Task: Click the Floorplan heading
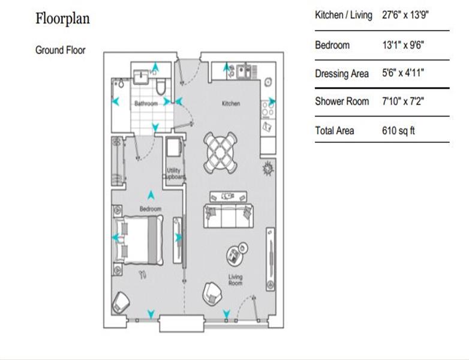coord(62,19)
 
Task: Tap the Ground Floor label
coord(61,50)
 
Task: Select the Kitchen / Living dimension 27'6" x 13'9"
coord(405,14)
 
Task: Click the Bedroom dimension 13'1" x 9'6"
coord(403,45)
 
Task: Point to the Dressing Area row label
coord(342,74)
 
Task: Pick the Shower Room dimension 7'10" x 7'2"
coord(403,101)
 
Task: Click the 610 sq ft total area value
coord(398,131)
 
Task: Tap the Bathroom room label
coord(146,104)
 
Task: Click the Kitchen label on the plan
coord(231,104)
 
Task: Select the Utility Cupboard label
coord(174,173)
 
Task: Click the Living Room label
coord(235,280)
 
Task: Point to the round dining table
coord(221,153)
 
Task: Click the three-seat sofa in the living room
coord(229,216)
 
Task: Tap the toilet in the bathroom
coord(161,86)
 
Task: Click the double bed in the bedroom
coord(139,239)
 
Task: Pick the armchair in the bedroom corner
coord(121,302)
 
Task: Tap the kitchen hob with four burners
coord(267,109)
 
